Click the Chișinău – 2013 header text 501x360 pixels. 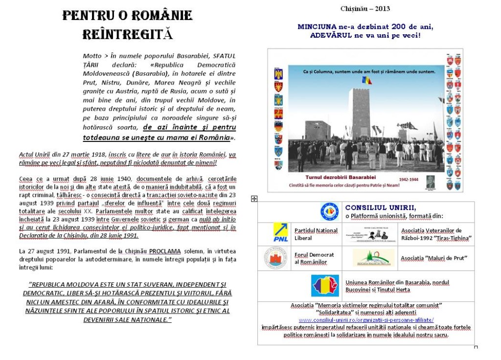[365, 9]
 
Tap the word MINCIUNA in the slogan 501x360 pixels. [317, 26]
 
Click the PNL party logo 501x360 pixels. [280, 233]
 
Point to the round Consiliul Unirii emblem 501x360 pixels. [329, 211]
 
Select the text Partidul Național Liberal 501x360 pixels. [316, 234]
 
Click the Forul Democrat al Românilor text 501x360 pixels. [314, 258]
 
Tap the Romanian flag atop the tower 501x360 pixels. [363, 79]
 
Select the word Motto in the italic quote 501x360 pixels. [92, 56]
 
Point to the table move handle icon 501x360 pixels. [254, 199]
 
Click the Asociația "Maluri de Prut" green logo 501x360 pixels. [374, 258]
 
